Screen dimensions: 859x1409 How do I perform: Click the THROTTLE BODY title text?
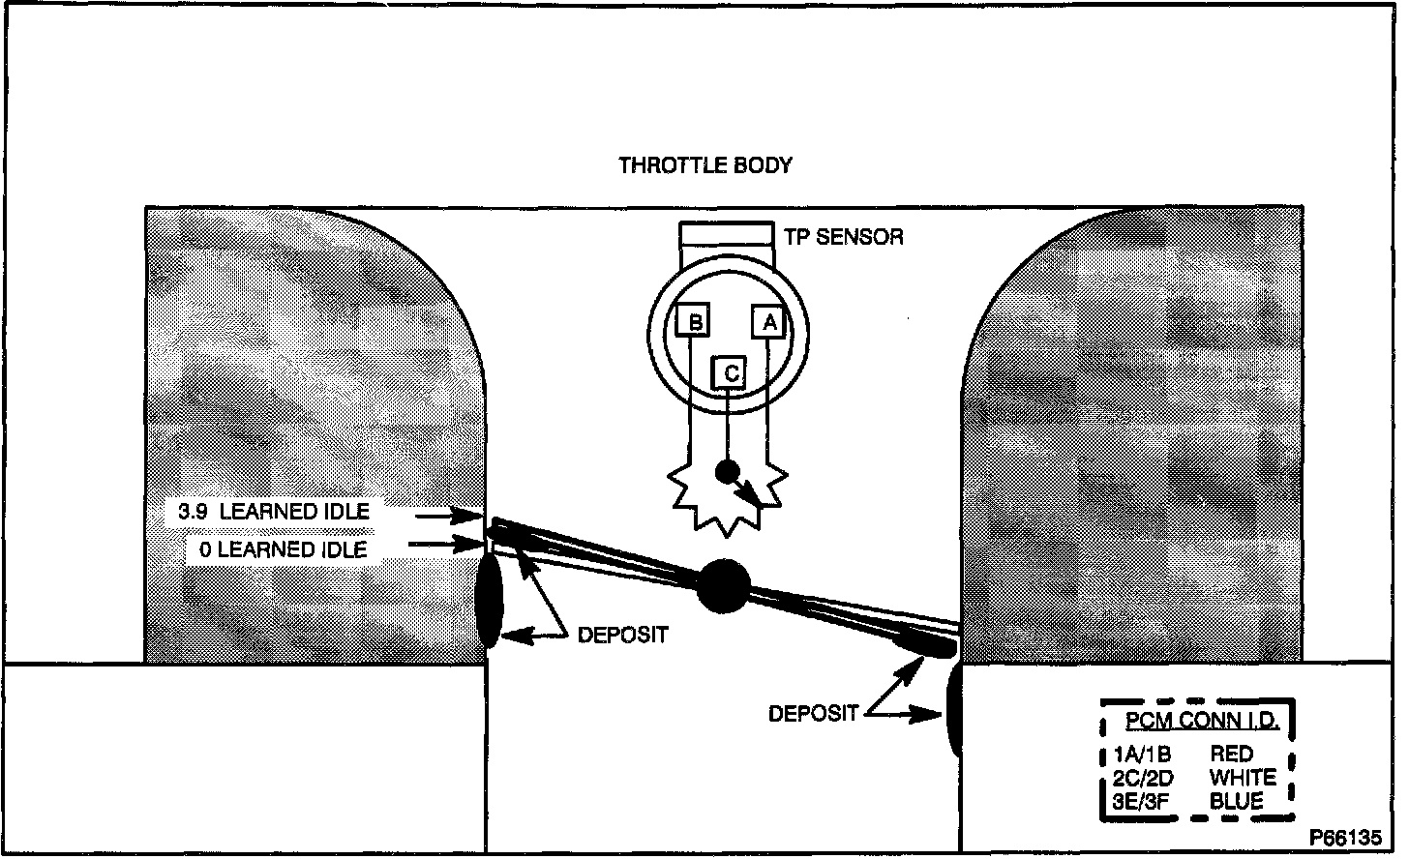(x=704, y=165)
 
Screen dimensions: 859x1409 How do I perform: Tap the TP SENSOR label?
(x=843, y=236)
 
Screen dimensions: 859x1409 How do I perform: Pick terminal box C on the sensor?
(x=731, y=372)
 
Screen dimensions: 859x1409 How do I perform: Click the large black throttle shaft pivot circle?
(x=723, y=586)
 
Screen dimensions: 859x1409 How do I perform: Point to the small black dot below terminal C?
(x=726, y=472)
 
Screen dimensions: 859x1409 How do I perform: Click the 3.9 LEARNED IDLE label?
(x=274, y=511)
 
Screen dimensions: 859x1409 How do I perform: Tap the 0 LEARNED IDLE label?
(x=283, y=549)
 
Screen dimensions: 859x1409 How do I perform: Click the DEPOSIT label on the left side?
(x=622, y=636)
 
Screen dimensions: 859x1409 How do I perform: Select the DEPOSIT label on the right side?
(x=813, y=714)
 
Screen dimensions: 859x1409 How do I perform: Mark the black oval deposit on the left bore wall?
(x=489, y=600)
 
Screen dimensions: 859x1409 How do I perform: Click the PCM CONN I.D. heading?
(x=1201, y=721)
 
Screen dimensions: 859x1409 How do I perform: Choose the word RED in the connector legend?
(x=1231, y=754)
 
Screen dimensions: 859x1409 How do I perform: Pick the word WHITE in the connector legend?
(x=1243, y=778)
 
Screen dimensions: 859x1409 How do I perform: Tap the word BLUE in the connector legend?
(x=1236, y=802)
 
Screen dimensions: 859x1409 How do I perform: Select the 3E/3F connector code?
(x=1141, y=802)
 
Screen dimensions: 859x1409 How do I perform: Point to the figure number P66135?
(x=1345, y=838)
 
